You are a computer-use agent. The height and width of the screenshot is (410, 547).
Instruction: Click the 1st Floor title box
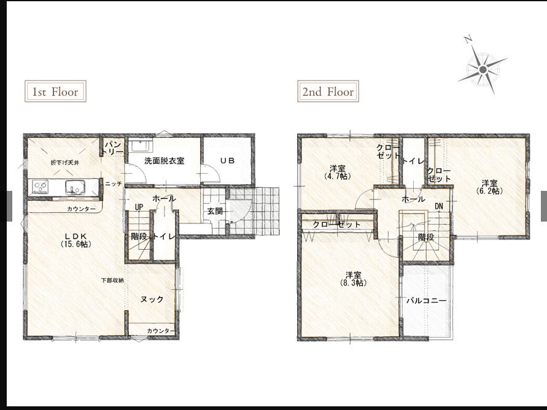(55, 91)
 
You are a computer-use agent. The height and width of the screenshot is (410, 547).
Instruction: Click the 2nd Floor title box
(328, 92)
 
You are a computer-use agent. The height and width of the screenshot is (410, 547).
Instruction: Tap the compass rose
(483, 69)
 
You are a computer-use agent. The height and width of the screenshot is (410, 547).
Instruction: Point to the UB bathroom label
(227, 161)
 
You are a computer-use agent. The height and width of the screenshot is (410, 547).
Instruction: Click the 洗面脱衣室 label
(164, 161)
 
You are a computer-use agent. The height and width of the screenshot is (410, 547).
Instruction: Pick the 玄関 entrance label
(215, 211)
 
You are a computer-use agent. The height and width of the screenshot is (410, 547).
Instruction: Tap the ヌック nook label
(152, 300)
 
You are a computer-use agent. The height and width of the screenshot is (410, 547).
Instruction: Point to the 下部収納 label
(112, 280)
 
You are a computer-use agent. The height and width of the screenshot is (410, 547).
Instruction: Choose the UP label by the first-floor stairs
(139, 207)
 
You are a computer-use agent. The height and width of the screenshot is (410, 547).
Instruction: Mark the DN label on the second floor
(439, 206)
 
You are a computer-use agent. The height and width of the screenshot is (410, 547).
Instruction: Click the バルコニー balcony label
(425, 301)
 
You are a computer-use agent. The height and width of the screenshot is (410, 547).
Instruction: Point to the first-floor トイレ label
(165, 236)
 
